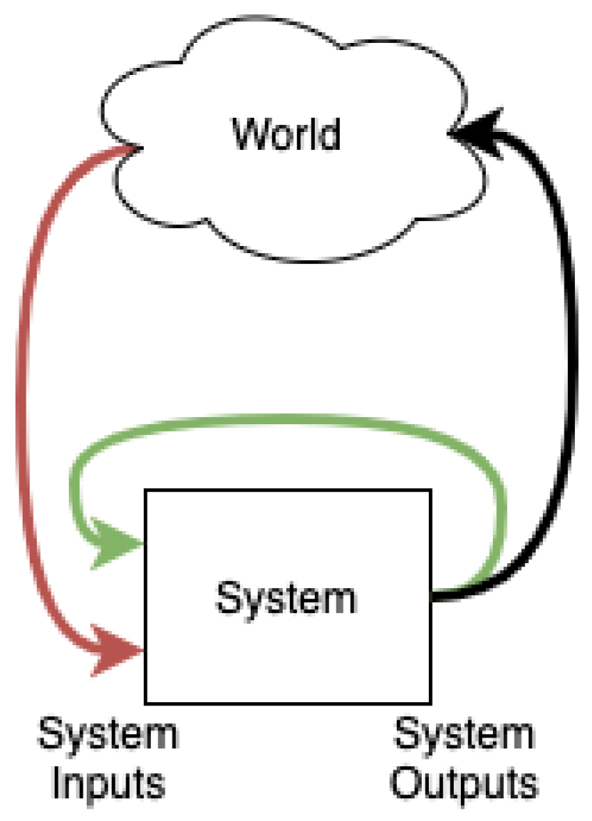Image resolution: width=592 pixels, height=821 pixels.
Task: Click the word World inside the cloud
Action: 287,134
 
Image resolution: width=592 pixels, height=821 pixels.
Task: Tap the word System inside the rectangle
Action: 287,598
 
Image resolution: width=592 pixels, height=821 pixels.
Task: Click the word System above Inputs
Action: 108,736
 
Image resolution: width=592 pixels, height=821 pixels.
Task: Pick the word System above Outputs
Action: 464,736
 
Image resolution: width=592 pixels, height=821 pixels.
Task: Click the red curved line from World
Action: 23,391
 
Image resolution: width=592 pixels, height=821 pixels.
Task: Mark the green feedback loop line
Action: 289,423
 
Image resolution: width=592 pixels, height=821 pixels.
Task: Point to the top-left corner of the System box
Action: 144,491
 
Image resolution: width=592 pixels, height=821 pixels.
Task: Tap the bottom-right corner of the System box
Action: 430,701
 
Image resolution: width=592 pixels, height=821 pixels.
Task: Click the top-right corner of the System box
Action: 430,491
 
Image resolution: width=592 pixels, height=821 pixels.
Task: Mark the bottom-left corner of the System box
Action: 144,701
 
